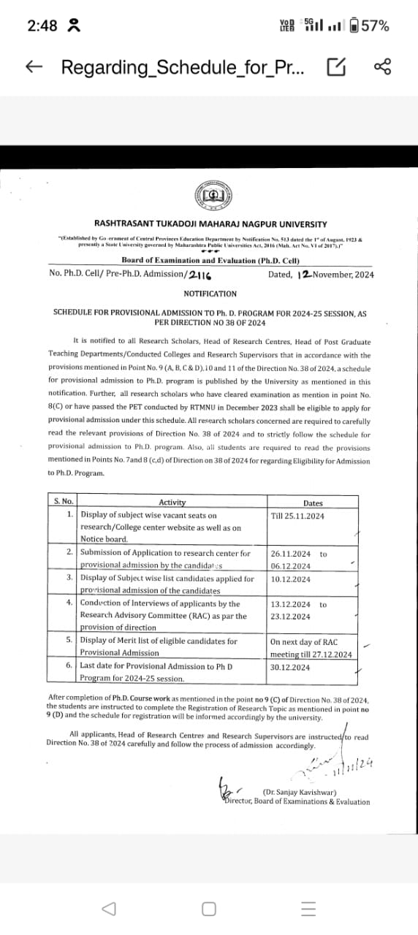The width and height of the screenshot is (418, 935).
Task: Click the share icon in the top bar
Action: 383,67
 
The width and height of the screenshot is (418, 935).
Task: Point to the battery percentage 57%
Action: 374,26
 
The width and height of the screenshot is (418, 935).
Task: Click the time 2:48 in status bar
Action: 42,26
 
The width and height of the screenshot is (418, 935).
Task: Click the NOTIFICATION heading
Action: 210,294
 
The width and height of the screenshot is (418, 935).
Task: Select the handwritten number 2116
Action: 199,275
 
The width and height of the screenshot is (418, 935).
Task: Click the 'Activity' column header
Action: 172,502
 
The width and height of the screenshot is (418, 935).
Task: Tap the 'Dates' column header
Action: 312,503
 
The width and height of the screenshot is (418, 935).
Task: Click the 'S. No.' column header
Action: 64,502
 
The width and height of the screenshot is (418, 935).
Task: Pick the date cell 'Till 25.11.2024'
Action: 297,516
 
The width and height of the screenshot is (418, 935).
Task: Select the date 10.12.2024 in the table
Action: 290,579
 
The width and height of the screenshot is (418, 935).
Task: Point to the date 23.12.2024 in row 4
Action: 290,617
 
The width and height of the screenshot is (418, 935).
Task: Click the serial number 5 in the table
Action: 69,641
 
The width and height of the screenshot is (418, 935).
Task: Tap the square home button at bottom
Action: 209,909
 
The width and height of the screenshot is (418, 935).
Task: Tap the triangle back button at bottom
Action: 109,909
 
